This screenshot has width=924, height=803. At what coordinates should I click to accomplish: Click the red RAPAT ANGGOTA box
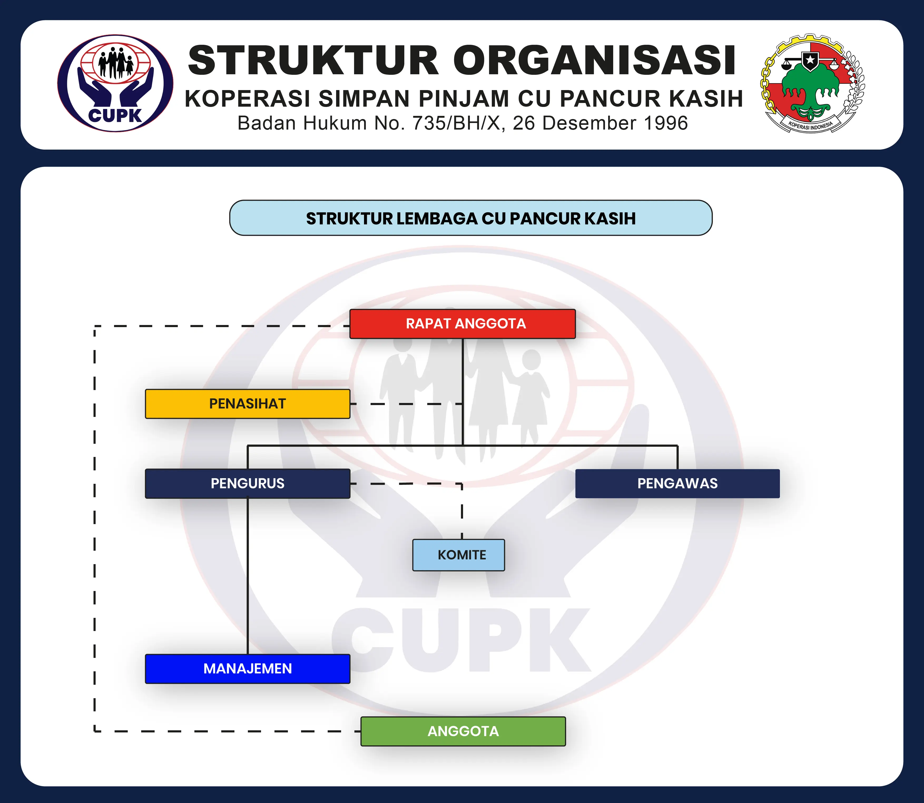coord(463,323)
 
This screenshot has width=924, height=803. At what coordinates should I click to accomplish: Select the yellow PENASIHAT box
coord(247,404)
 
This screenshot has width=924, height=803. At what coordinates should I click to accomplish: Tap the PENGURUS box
coord(247,484)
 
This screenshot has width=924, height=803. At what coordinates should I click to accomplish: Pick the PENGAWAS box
coord(677,484)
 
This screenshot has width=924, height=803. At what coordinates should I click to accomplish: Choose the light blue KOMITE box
coord(458,555)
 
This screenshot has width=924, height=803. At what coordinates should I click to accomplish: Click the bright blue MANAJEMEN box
coord(247,669)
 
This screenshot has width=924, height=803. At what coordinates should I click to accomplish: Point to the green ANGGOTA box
coord(463,731)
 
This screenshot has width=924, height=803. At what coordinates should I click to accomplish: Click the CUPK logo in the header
coord(115,83)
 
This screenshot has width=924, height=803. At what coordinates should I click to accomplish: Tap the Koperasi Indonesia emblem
coord(812,83)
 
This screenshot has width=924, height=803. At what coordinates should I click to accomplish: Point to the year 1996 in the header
coord(665,123)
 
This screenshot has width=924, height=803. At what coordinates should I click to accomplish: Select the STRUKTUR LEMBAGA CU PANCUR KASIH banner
coord(470,218)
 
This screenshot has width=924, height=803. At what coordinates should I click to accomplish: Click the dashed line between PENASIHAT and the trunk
coord(406,404)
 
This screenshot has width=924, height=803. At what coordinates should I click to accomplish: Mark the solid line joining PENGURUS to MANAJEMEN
coord(247,576)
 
